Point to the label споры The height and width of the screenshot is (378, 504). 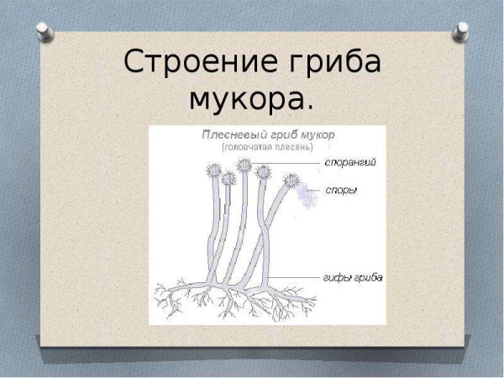341,191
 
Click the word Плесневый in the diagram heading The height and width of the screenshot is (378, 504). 228,134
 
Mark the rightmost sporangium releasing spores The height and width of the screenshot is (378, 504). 291,180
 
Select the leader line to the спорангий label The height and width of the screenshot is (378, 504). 294,162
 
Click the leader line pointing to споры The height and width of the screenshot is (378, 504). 312,191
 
